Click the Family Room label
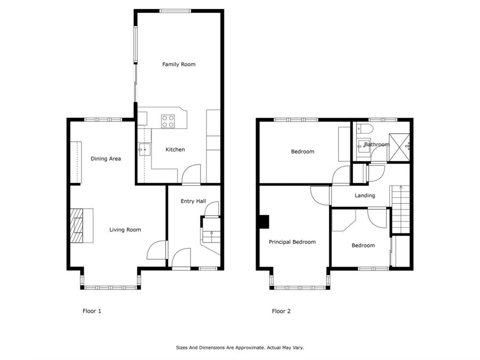(x=179, y=65)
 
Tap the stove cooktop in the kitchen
(x=168, y=121)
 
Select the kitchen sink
(x=143, y=150)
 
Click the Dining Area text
(x=106, y=158)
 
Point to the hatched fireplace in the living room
(x=78, y=226)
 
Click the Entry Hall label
(x=193, y=201)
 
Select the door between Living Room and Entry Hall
(x=156, y=251)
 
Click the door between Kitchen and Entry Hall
(x=191, y=175)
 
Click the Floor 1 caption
(x=92, y=311)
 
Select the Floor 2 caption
(x=281, y=311)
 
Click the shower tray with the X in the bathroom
(x=398, y=141)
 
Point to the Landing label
(x=365, y=196)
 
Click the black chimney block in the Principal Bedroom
(x=263, y=221)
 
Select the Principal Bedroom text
(x=292, y=242)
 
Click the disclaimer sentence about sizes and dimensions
(x=239, y=347)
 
